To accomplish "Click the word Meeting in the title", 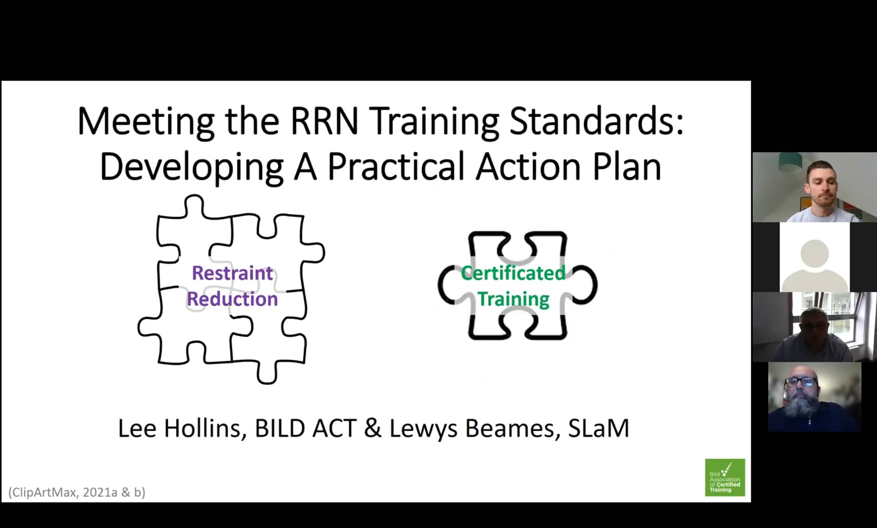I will pos(146,121).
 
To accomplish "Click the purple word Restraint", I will pos(232,273).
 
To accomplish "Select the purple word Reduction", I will pos(232,299).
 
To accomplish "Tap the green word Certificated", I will pos(513,273).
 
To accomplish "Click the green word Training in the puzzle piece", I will pos(513,299).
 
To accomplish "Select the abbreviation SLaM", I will pos(598,429).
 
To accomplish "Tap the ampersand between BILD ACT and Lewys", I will pos(373,429).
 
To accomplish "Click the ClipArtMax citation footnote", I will pos(77,492).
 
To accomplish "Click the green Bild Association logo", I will pos(724,478).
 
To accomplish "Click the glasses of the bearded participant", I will pos(800,382).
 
